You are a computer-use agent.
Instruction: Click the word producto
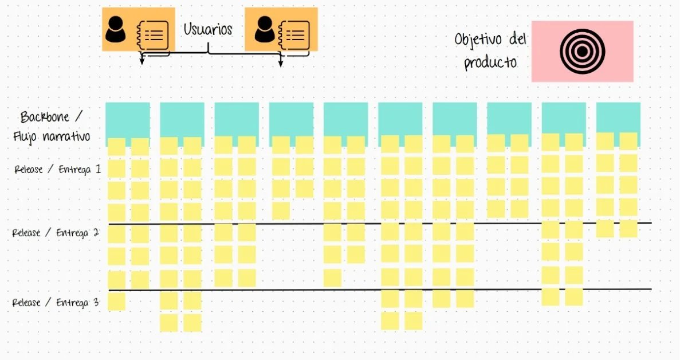click(490, 62)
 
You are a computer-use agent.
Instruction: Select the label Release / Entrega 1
click(57, 170)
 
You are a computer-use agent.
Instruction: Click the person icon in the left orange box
click(116, 29)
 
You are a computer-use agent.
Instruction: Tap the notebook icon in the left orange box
click(152, 34)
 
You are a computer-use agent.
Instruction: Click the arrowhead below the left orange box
click(142, 61)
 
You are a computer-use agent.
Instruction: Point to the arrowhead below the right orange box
click(281, 63)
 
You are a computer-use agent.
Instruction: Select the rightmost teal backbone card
click(618, 117)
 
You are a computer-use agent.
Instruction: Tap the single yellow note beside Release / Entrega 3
click(116, 302)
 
